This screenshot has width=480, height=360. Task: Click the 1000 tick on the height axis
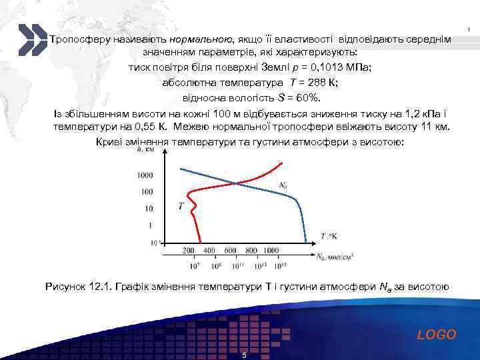point(144,175)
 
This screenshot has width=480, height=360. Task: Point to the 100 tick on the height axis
point(147,192)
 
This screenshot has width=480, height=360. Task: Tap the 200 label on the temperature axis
point(188,250)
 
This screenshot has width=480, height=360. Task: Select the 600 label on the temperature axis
point(230,250)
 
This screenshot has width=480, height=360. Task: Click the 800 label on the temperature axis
point(251,250)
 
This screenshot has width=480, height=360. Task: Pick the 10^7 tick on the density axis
point(195,265)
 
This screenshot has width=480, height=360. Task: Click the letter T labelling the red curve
point(181,206)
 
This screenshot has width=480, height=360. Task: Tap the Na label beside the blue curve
point(283,185)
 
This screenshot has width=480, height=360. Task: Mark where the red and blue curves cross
point(233,183)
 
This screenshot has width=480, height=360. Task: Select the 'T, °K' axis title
point(329,236)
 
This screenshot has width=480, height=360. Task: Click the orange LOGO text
point(437,335)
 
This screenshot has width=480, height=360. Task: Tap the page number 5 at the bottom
point(244,355)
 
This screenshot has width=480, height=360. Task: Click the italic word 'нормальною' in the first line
point(205,39)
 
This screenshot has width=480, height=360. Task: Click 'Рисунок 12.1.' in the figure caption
point(78,287)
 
